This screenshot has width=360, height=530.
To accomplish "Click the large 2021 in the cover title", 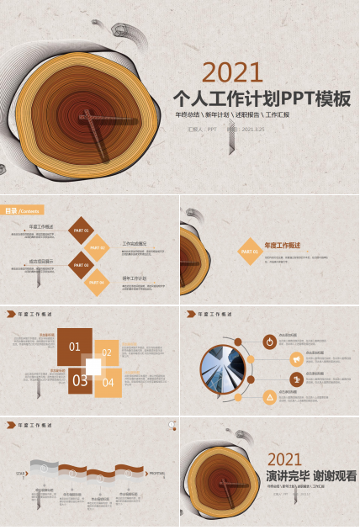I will click(x=233, y=72).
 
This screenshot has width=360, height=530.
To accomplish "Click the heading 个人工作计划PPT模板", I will click(x=261, y=98).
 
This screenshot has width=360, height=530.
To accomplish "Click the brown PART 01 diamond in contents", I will click(x=82, y=230).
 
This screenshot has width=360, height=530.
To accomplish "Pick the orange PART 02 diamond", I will click(x=98, y=248).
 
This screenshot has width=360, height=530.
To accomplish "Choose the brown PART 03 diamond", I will click(x=82, y=265).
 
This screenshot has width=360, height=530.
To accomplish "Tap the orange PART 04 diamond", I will click(x=98, y=283).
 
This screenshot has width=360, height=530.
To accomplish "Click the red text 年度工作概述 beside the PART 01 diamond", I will click(x=283, y=246).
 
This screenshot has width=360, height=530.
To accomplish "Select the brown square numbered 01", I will click(x=74, y=347).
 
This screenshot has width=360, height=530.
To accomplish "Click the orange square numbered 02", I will click(x=107, y=353).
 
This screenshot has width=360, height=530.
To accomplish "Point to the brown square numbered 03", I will click(x=80, y=380).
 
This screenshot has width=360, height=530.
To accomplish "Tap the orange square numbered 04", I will click(x=108, y=383).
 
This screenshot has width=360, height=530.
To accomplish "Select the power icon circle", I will click(x=269, y=342).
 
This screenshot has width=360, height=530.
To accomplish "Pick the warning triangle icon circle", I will click(x=269, y=396).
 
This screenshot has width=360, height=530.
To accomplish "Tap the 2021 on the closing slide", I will click(x=284, y=459).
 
